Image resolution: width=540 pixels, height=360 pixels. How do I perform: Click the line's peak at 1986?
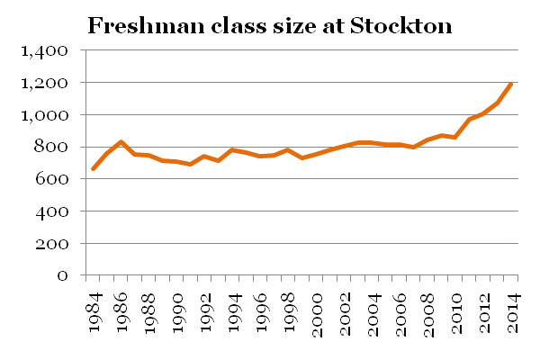(x=121, y=142)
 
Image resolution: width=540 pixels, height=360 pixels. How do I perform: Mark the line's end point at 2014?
(x=511, y=85)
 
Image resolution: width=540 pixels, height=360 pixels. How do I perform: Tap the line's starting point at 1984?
(x=94, y=169)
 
